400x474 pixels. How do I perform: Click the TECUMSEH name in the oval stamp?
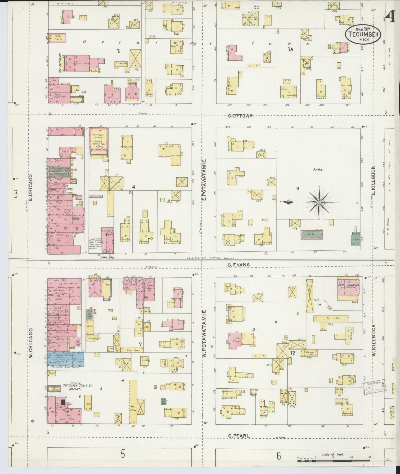click(x=363, y=34)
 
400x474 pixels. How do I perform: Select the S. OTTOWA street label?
click(x=240, y=116)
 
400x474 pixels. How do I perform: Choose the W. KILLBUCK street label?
click(x=374, y=340)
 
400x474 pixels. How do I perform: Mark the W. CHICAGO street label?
click(x=30, y=342)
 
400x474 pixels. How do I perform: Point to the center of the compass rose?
click(x=319, y=203)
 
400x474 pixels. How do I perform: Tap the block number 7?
click(x=140, y=344)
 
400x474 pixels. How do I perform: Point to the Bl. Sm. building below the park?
click(x=311, y=235)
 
